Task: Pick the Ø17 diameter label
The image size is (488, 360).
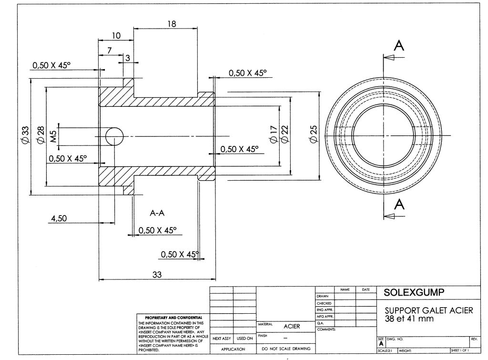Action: (273, 134)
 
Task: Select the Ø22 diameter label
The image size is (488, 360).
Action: (285, 134)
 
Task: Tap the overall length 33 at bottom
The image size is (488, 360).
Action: (156, 274)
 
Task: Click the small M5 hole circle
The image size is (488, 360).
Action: (114, 136)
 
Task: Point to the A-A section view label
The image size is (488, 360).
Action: (157, 213)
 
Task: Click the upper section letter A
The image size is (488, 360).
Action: (399, 46)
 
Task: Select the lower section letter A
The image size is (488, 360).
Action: (399, 204)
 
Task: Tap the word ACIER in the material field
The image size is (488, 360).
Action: (291, 327)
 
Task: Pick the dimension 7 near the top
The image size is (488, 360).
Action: (110, 50)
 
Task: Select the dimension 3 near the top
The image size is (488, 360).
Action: (127, 58)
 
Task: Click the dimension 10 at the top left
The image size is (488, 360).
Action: (116, 35)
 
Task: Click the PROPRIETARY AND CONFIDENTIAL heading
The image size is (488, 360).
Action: (170, 317)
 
